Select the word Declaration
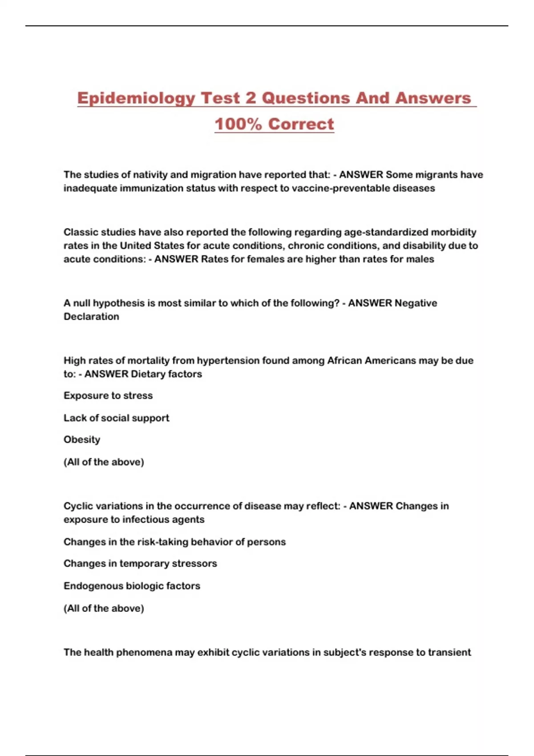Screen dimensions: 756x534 click(91, 317)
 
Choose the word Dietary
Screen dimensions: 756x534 click(149, 374)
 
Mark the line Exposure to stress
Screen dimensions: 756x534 click(108, 396)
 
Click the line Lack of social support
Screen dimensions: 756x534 click(116, 418)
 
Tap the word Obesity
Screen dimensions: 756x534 click(82, 440)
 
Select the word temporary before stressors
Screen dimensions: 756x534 click(144, 563)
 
